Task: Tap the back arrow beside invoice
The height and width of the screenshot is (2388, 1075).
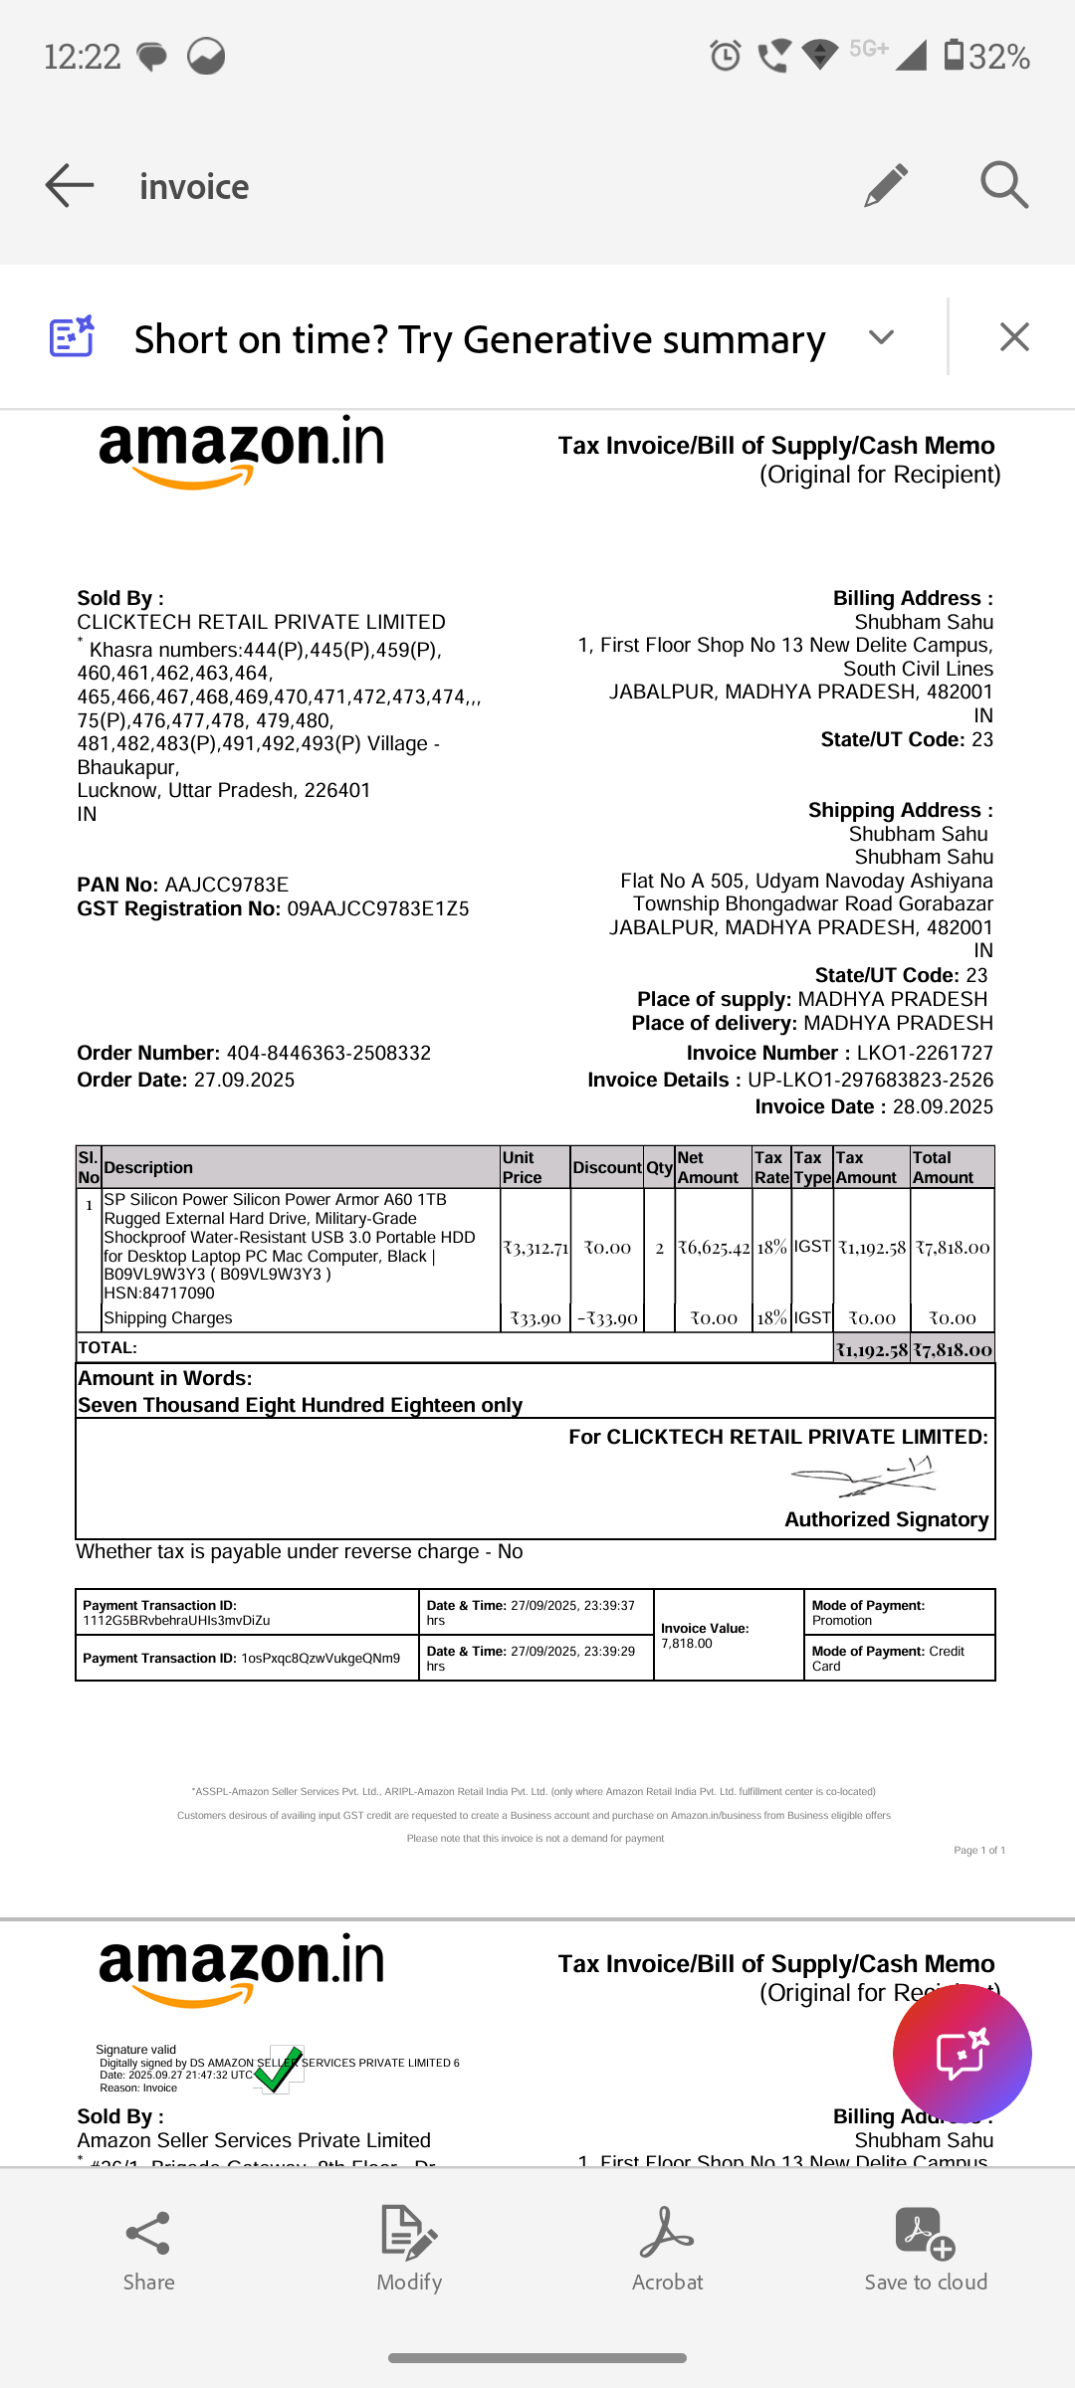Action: tap(70, 186)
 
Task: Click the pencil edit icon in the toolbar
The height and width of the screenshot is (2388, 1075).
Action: tap(885, 185)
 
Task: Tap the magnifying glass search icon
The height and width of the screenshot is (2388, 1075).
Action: tap(1003, 185)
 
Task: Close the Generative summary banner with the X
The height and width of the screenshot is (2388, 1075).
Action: tap(1013, 337)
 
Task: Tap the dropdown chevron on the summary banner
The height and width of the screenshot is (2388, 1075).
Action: tap(881, 337)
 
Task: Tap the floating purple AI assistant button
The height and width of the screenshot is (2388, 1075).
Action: tap(962, 2054)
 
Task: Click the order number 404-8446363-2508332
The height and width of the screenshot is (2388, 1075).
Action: tap(328, 1054)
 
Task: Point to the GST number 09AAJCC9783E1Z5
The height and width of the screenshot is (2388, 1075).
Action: tap(378, 909)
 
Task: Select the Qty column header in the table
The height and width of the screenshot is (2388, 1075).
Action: tap(659, 1168)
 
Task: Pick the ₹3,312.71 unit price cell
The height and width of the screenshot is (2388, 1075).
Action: tap(536, 1248)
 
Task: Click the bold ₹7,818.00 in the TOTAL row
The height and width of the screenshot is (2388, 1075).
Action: tap(953, 1350)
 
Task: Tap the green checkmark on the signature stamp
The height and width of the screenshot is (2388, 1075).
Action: tap(278, 2071)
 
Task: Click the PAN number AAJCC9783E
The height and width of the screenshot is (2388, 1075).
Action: tap(227, 886)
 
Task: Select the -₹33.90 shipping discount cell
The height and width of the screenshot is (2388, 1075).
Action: tap(607, 1318)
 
